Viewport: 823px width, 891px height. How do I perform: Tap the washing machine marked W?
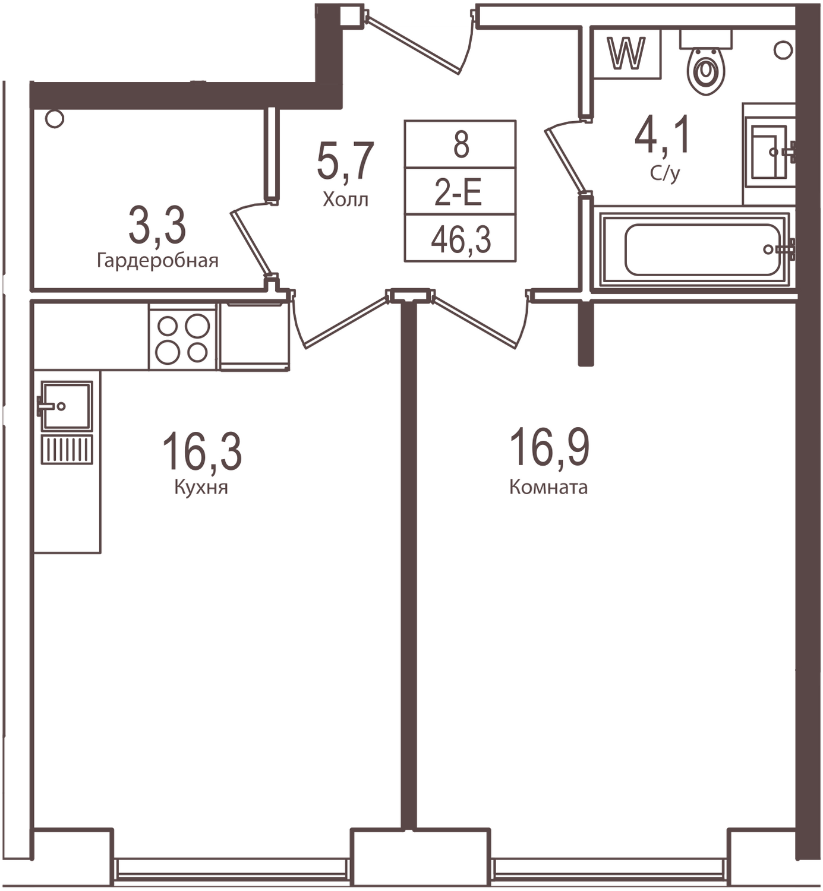(x=628, y=54)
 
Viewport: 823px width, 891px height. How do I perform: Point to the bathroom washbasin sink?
(x=769, y=152)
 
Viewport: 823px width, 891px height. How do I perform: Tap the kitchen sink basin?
(x=66, y=405)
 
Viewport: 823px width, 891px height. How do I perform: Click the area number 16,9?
(x=550, y=448)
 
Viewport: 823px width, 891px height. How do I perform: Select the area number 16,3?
(x=201, y=451)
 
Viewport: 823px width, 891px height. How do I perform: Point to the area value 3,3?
(x=157, y=226)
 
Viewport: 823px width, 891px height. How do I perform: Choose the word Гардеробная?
(x=157, y=261)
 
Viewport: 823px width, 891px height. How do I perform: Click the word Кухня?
(x=201, y=488)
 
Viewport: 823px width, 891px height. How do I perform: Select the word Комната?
(x=548, y=488)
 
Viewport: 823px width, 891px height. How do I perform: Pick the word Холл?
(x=345, y=200)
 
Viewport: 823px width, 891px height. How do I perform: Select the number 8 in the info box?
(x=461, y=145)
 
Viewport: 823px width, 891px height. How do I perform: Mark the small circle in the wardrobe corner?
(x=54, y=119)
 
